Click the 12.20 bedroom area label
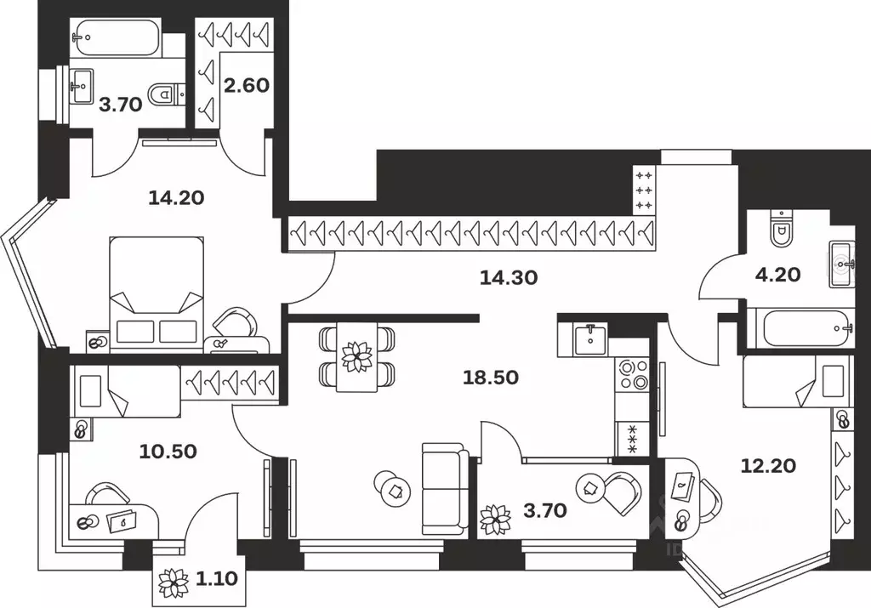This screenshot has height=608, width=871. tap(757, 465)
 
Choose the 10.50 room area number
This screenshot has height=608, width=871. tap(168, 451)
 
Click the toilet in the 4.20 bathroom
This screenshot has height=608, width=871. tap(780, 227)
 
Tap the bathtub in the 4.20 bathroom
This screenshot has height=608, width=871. tap(800, 327)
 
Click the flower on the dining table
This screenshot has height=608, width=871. tap(356, 355)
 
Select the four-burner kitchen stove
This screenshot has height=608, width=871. tap(633, 374)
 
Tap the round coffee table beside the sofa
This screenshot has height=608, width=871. tap(391, 488)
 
